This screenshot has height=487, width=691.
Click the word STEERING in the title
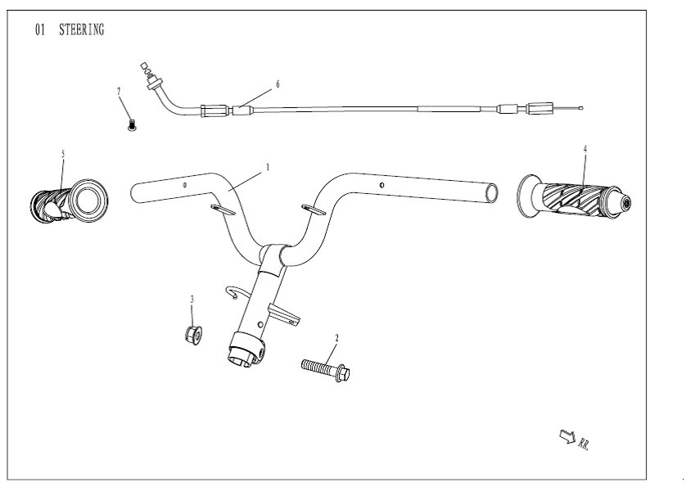(x=81, y=30)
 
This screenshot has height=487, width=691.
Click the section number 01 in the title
(x=39, y=30)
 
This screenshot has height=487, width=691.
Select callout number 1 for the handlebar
(x=268, y=166)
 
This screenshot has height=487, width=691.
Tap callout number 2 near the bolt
(x=336, y=337)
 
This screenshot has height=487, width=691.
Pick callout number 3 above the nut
(x=192, y=300)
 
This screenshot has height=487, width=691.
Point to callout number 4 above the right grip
(x=585, y=148)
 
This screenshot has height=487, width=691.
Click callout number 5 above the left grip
(x=63, y=153)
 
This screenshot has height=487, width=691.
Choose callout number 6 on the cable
(x=278, y=83)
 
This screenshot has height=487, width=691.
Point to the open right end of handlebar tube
(x=490, y=192)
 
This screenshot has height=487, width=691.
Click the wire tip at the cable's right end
(x=579, y=107)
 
